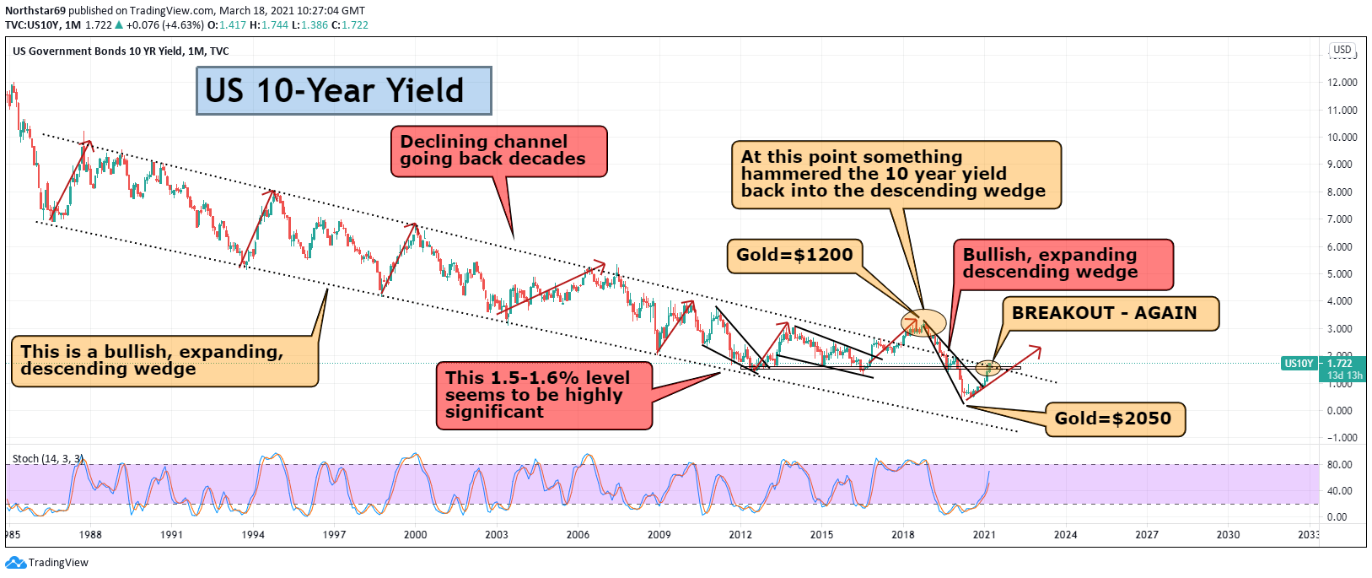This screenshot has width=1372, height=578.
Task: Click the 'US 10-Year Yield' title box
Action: [x=343, y=91]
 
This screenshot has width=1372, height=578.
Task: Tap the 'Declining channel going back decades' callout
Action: [x=498, y=151]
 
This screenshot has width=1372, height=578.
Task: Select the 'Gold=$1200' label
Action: [x=794, y=256]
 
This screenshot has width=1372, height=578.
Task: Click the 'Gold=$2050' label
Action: [x=1113, y=419]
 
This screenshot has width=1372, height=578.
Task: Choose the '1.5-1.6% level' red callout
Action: [x=543, y=395]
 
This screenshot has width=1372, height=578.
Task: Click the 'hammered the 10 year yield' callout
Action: [x=895, y=175]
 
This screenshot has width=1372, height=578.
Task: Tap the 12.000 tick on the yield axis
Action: [x=1342, y=83]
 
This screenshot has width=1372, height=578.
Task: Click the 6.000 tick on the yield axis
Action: [x=1342, y=247]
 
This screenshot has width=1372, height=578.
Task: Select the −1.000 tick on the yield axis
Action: [x=1341, y=438]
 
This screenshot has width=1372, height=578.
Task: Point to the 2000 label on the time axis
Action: [x=415, y=534]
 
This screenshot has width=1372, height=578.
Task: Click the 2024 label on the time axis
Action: [x=1065, y=534]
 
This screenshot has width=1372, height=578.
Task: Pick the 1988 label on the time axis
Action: [x=90, y=534]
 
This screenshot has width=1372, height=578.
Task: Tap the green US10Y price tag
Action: [x=1299, y=364]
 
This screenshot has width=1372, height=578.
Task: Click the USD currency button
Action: [x=1342, y=50]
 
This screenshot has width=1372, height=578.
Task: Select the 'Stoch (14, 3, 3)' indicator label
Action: [x=47, y=459]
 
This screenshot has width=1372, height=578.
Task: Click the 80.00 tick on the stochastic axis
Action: [x=1339, y=465]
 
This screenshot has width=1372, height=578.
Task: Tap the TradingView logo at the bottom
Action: [x=47, y=563]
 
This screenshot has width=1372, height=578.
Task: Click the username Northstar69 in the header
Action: [x=35, y=11]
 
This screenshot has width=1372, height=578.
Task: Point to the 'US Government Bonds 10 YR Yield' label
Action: [x=97, y=51]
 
